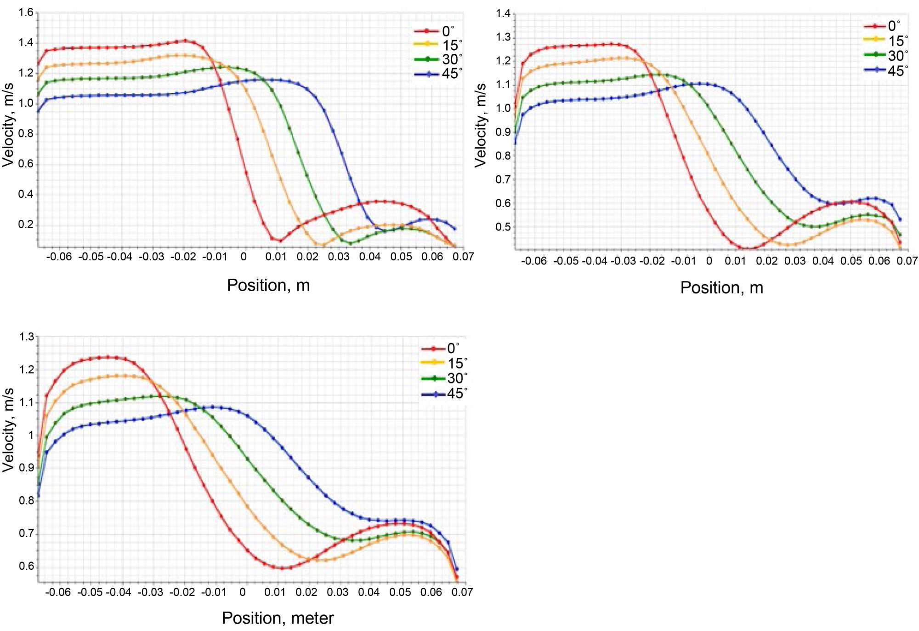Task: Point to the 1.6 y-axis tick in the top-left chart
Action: coord(26,12)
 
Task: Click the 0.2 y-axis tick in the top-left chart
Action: coord(26,224)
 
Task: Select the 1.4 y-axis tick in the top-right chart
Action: coord(503,14)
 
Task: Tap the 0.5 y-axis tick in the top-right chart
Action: coord(503,227)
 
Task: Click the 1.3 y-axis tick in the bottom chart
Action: coord(26,337)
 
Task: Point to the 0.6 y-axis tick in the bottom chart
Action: coord(26,566)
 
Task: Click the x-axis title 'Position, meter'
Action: coord(278,618)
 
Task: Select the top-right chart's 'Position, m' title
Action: coord(721,288)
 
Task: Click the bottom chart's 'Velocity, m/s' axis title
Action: coord(8,430)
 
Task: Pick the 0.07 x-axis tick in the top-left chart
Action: coord(463,257)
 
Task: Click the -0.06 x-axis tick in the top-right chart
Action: coord(534,261)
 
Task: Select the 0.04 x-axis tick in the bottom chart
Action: coord(369,592)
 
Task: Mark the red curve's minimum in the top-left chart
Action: coord(280,241)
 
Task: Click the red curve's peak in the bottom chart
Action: coord(108,357)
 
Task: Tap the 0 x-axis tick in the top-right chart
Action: coord(709,261)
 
